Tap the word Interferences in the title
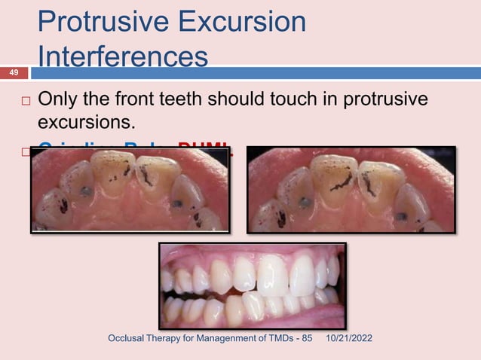click(123, 57)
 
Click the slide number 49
click(14, 72)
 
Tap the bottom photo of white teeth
click(252, 286)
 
